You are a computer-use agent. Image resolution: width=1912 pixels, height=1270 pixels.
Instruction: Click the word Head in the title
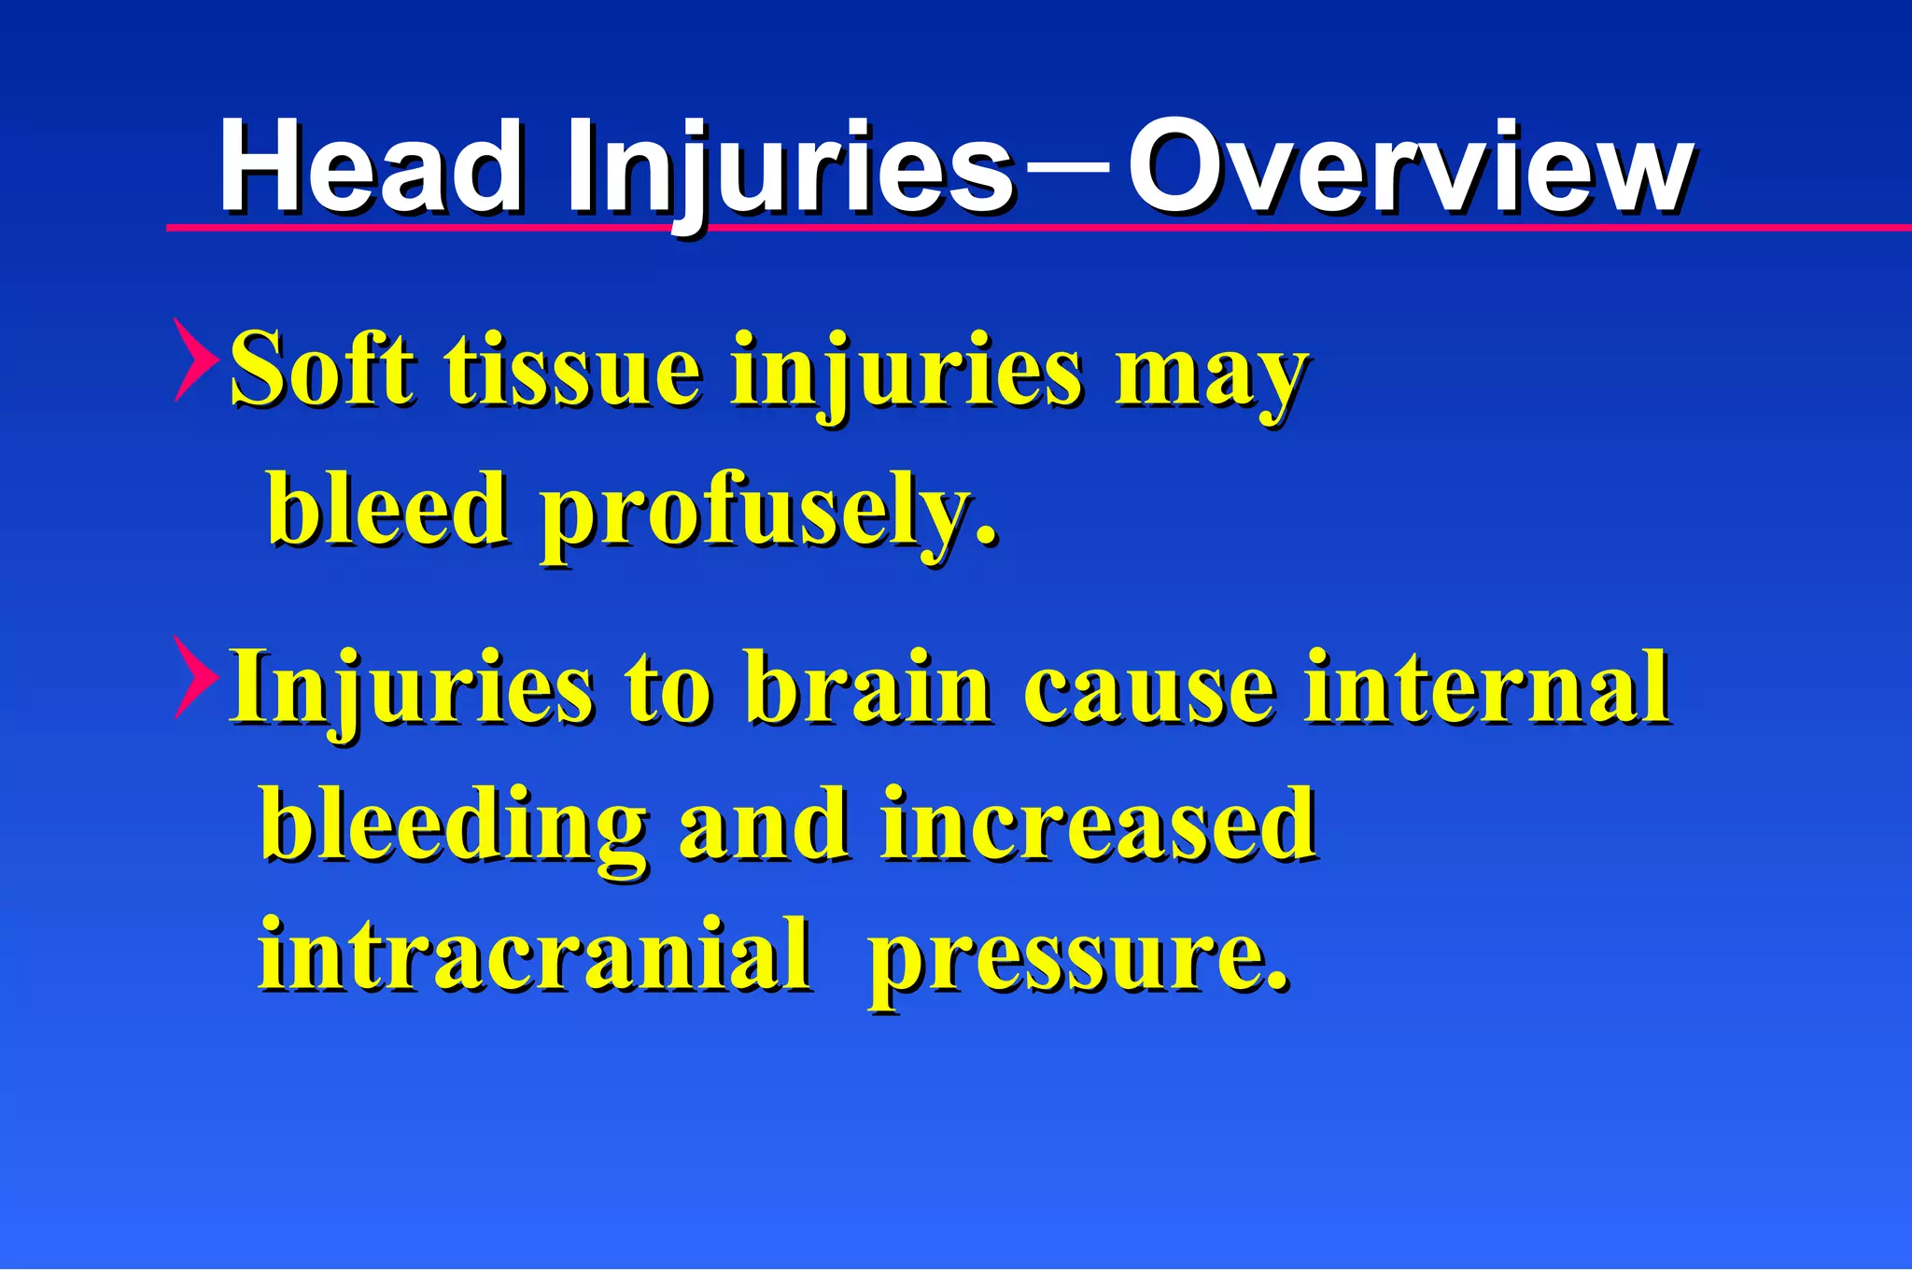click(x=371, y=168)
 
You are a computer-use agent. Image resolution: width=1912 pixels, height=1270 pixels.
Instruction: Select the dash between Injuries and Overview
click(x=1069, y=168)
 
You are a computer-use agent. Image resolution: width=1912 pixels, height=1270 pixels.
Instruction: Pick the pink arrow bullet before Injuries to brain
click(x=194, y=677)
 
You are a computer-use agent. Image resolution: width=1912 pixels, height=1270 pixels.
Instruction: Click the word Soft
click(x=322, y=371)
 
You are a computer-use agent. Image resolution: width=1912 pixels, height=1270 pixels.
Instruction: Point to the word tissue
click(x=572, y=371)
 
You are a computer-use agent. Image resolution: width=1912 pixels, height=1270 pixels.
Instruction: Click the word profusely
click(x=767, y=512)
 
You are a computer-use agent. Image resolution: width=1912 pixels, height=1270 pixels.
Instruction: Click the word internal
click(x=1486, y=688)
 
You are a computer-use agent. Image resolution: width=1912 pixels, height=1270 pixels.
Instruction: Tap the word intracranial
click(x=534, y=954)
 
